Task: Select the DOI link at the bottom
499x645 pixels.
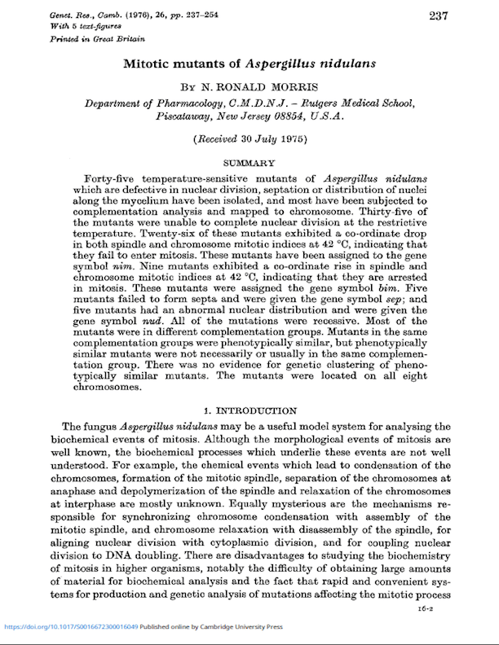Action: coord(72,627)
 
